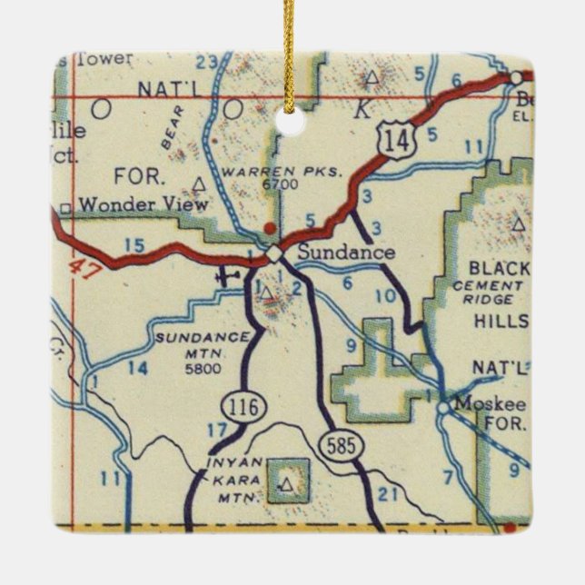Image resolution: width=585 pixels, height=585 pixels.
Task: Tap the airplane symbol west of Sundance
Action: [x=229, y=274]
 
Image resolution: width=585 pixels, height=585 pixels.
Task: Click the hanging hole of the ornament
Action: [x=290, y=122]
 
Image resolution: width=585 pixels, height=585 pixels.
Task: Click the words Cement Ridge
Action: [x=492, y=292]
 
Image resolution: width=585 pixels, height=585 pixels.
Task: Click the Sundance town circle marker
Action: [x=273, y=253]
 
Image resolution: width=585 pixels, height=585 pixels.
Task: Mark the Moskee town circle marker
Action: [x=442, y=408]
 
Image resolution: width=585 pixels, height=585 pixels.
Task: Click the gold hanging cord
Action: [x=290, y=55]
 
